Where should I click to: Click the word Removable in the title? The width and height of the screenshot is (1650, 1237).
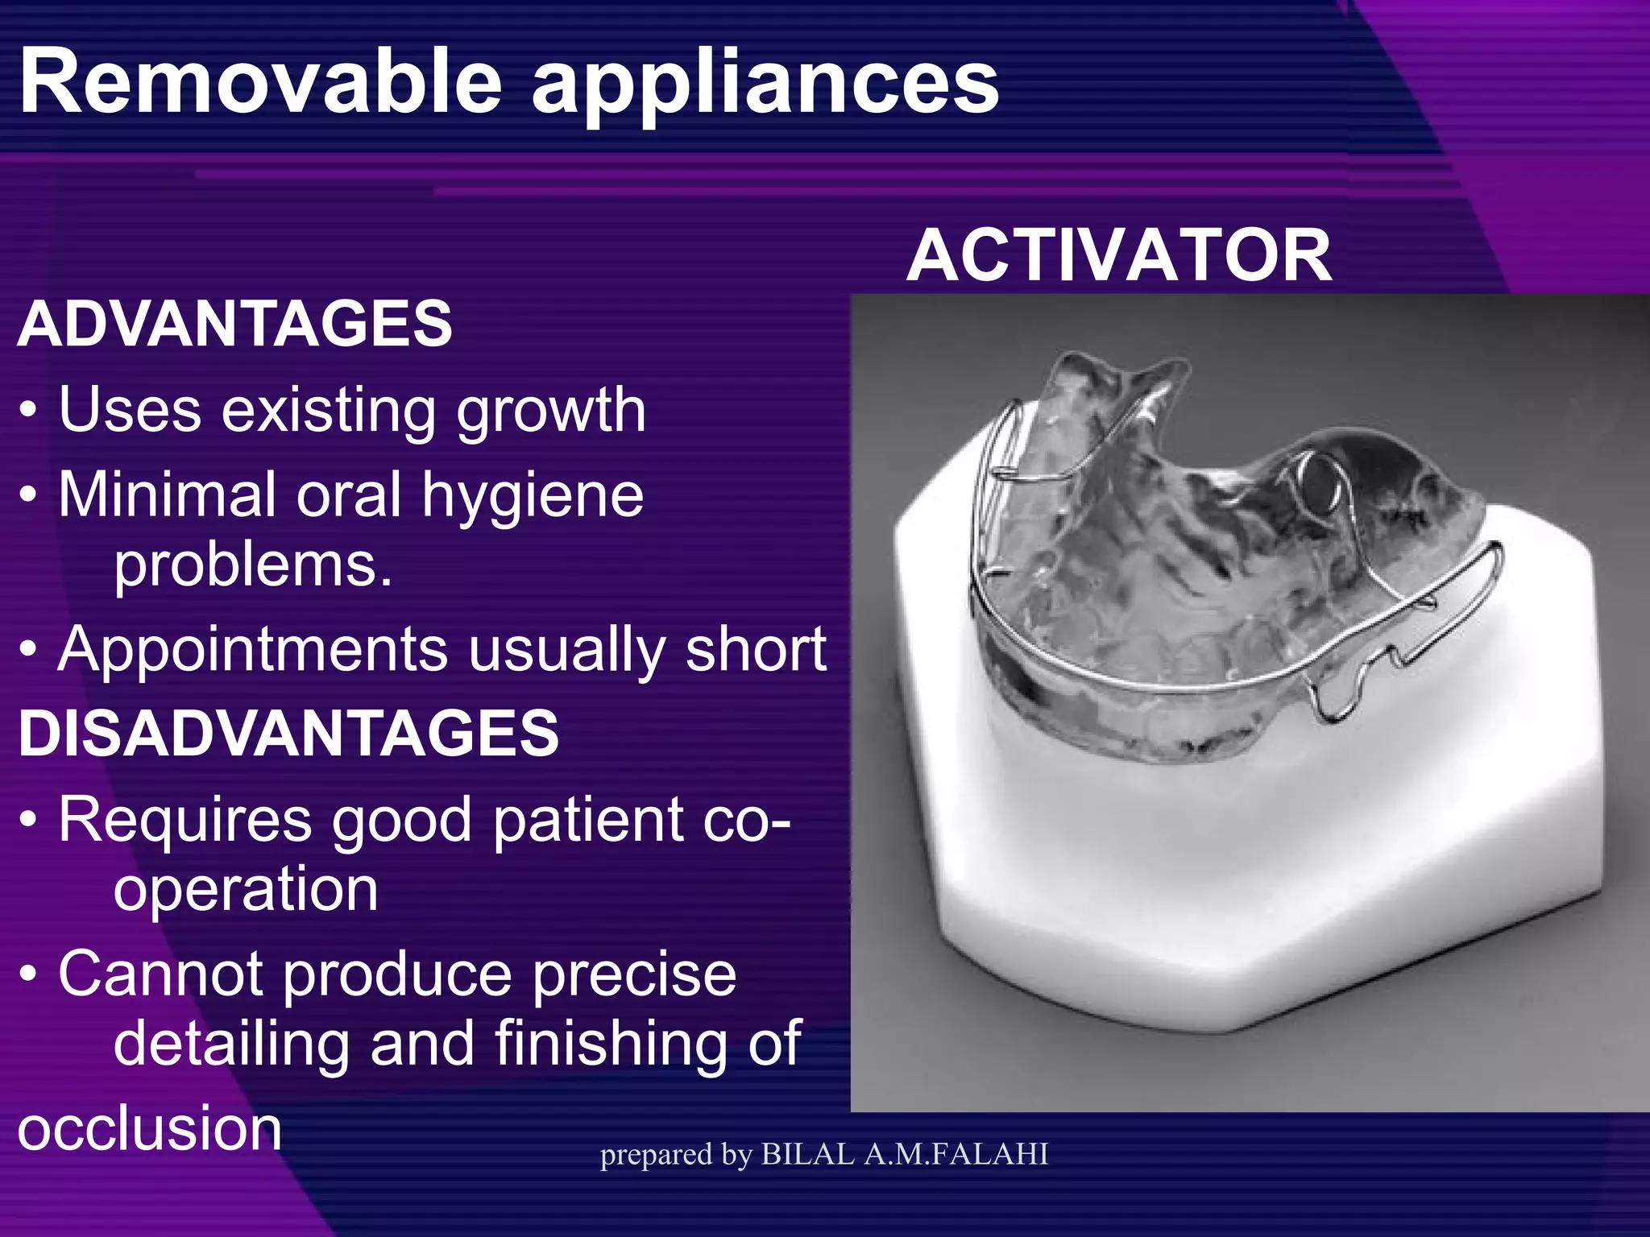click(x=260, y=82)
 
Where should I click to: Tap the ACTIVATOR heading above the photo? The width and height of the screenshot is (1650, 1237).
click(x=1119, y=255)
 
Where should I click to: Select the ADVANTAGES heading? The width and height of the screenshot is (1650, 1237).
click(x=234, y=324)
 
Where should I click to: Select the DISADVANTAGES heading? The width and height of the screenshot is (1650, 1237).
click(x=288, y=733)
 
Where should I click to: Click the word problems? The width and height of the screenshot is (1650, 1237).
click(x=252, y=565)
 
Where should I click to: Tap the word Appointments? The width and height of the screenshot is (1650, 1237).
click(x=251, y=649)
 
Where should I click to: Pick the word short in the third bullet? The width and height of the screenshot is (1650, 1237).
click(x=755, y=649)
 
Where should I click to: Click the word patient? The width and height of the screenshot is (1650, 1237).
click(x=588, y=820)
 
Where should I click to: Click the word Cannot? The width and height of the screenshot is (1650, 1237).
click(x=160, y=974)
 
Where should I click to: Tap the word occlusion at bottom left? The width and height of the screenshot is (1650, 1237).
click(x=150, y=1127)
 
